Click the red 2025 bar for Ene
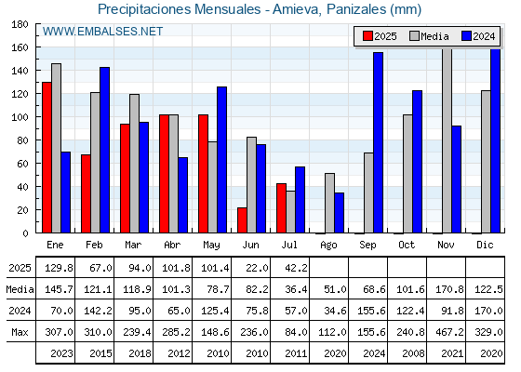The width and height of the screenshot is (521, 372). [x=47, y=157]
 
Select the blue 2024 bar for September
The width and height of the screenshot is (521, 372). [x=378, y=142]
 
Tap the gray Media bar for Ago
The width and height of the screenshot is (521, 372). [x=329, y=203]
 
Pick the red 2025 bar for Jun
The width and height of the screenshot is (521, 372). [x=242, y=220]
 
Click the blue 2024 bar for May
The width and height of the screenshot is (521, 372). [x=222, y=160]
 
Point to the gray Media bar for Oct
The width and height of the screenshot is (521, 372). [x=407, y=174]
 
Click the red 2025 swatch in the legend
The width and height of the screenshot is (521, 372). [x=367, y=36]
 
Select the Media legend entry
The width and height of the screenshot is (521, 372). [x=429, y=36]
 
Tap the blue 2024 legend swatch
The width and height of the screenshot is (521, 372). [x=466, y=36]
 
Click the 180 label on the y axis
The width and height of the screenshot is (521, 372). [x=20, y=24]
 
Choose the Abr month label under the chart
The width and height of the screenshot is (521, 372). [x=172, y=246]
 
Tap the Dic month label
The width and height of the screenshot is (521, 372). [x=485, y=246]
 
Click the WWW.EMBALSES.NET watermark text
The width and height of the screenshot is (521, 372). [x=102, y=32]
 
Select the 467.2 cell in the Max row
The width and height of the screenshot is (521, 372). [x=449, y=332]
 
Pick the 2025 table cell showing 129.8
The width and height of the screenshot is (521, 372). [x=59, y=268]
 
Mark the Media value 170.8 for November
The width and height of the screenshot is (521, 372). [x=449, y=289]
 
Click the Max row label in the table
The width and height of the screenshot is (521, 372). [x=20, y=332]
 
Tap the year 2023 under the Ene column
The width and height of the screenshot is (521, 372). [x=61, y=353]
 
